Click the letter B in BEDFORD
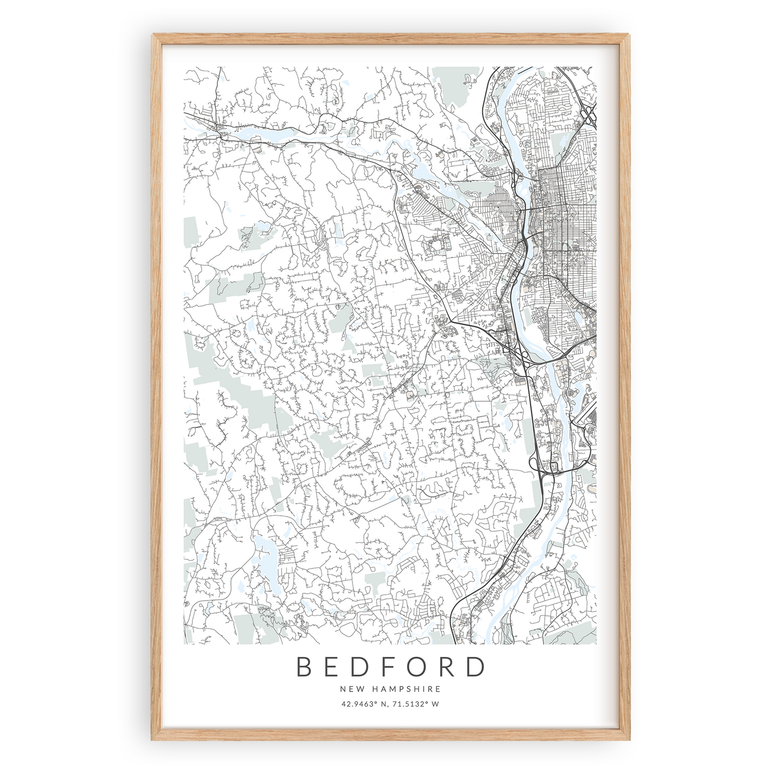pyautogui.click(x=305, y=667)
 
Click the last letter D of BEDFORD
pyautogui.click(x=475, y=667)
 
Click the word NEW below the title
pyautogui.click(x=349, y=688)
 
